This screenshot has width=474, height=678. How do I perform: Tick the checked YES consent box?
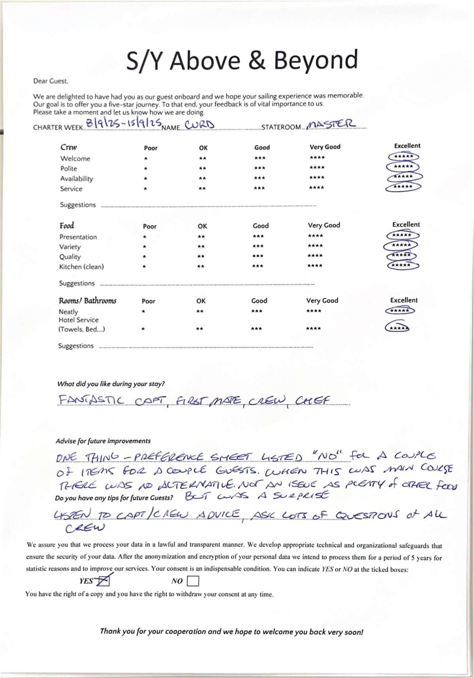click(x=104, y=581)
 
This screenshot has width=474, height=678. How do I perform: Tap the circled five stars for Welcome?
click(x=403, y=157)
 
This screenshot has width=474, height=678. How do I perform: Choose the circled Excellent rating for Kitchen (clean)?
click(x=401, y=265)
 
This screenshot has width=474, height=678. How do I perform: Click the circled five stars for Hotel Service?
click(x=397, y=328)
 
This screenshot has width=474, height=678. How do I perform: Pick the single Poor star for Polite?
click(x=146, y=169)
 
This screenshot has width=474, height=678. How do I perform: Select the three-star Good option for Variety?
click(x=258, y=246)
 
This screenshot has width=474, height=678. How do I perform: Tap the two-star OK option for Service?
click(x=202, y=189)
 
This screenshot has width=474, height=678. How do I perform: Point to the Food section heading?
click(x=67, y=226)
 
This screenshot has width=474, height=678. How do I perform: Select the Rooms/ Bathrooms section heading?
click(x=87, y=301)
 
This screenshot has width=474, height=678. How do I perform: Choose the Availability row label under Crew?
click(x=77, y=179)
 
